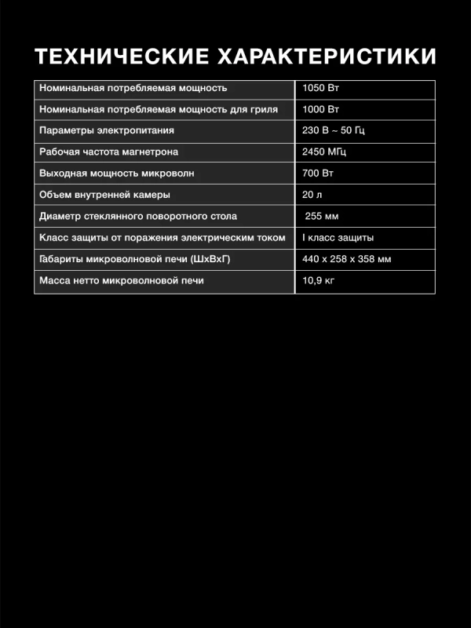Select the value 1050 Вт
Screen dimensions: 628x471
(x=320, y=88)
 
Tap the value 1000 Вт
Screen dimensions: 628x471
(x=320, y=109)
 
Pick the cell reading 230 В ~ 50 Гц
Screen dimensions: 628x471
(x=334, y=130)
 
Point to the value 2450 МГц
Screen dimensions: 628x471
(x=323, y=152)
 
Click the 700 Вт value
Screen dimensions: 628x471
(x=318, y=173)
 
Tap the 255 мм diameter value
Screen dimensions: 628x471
(x=322, y=216)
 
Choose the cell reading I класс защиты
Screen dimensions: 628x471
(x=338, y=237)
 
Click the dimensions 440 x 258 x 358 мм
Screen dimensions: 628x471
(x=346, y=259)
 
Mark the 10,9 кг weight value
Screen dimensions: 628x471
(x=318, y=280)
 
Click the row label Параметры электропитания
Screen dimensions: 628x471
(x=106, y=130)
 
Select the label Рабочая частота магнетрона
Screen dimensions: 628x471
(x=108, y=152)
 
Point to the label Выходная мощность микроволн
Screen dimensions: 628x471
(x=116, y=173)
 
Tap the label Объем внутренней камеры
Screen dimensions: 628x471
(x=104, y=194)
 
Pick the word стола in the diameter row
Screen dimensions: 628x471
(x=224, y=216)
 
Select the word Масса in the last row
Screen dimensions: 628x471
(x=53, y=280)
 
